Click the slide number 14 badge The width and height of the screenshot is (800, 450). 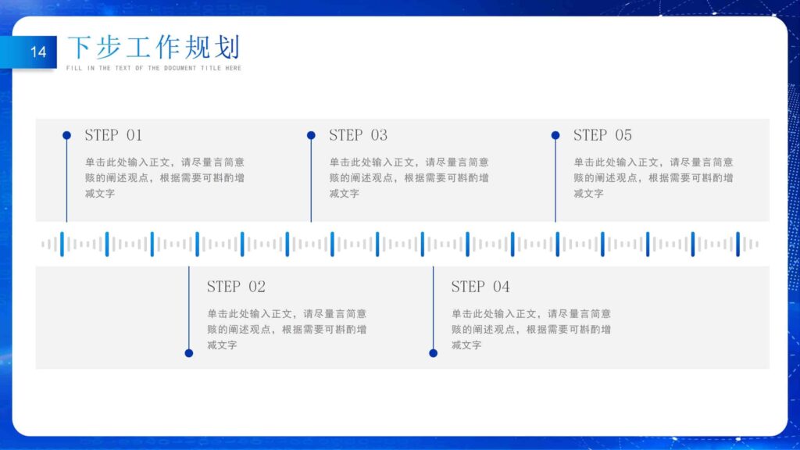pyautogui.click(x=37, y=52)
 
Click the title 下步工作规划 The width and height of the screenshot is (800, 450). pyautogui.click(x=153, y=48)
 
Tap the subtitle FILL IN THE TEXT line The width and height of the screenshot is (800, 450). pyautogui.click(x=154, y=69)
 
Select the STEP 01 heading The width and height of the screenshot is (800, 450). pyautogui.click(x=113, y=135)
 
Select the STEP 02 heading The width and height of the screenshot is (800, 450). pyautogui.click(x=236, y=287)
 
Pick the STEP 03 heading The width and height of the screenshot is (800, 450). pyautogui.click(x=358, y=135)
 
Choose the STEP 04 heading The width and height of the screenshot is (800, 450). pyautogui.click(x=480, y=287)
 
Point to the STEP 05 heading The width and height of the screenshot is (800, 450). pyautogui.click(x=602, y=135)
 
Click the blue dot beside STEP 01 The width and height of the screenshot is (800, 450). pyautogui.click(x=66, y=135)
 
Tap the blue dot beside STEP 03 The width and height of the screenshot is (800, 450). pyautogui.click(x=311, y=135)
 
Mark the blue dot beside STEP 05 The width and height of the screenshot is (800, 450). pyautogui.click(x=555, y=135)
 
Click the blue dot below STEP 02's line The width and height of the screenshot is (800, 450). pyautogui.click(x=188, y=353)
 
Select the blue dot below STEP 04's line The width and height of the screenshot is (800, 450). pyautogui.click(x=433, y=353)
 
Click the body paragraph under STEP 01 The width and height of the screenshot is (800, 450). pyautogui.click(x=165, y=177)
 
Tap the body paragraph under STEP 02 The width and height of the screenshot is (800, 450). pyautogui.click(x=287, y=329)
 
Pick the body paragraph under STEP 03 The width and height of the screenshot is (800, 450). pyautogui.click(x=409, y=177)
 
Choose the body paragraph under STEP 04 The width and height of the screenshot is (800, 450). pyautogui.click(x=531, y=329)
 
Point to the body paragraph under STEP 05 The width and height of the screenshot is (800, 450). pyautogui.click(x=653, y=177)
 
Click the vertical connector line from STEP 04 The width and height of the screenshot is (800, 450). pyautogui.click(x=433, y=309)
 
